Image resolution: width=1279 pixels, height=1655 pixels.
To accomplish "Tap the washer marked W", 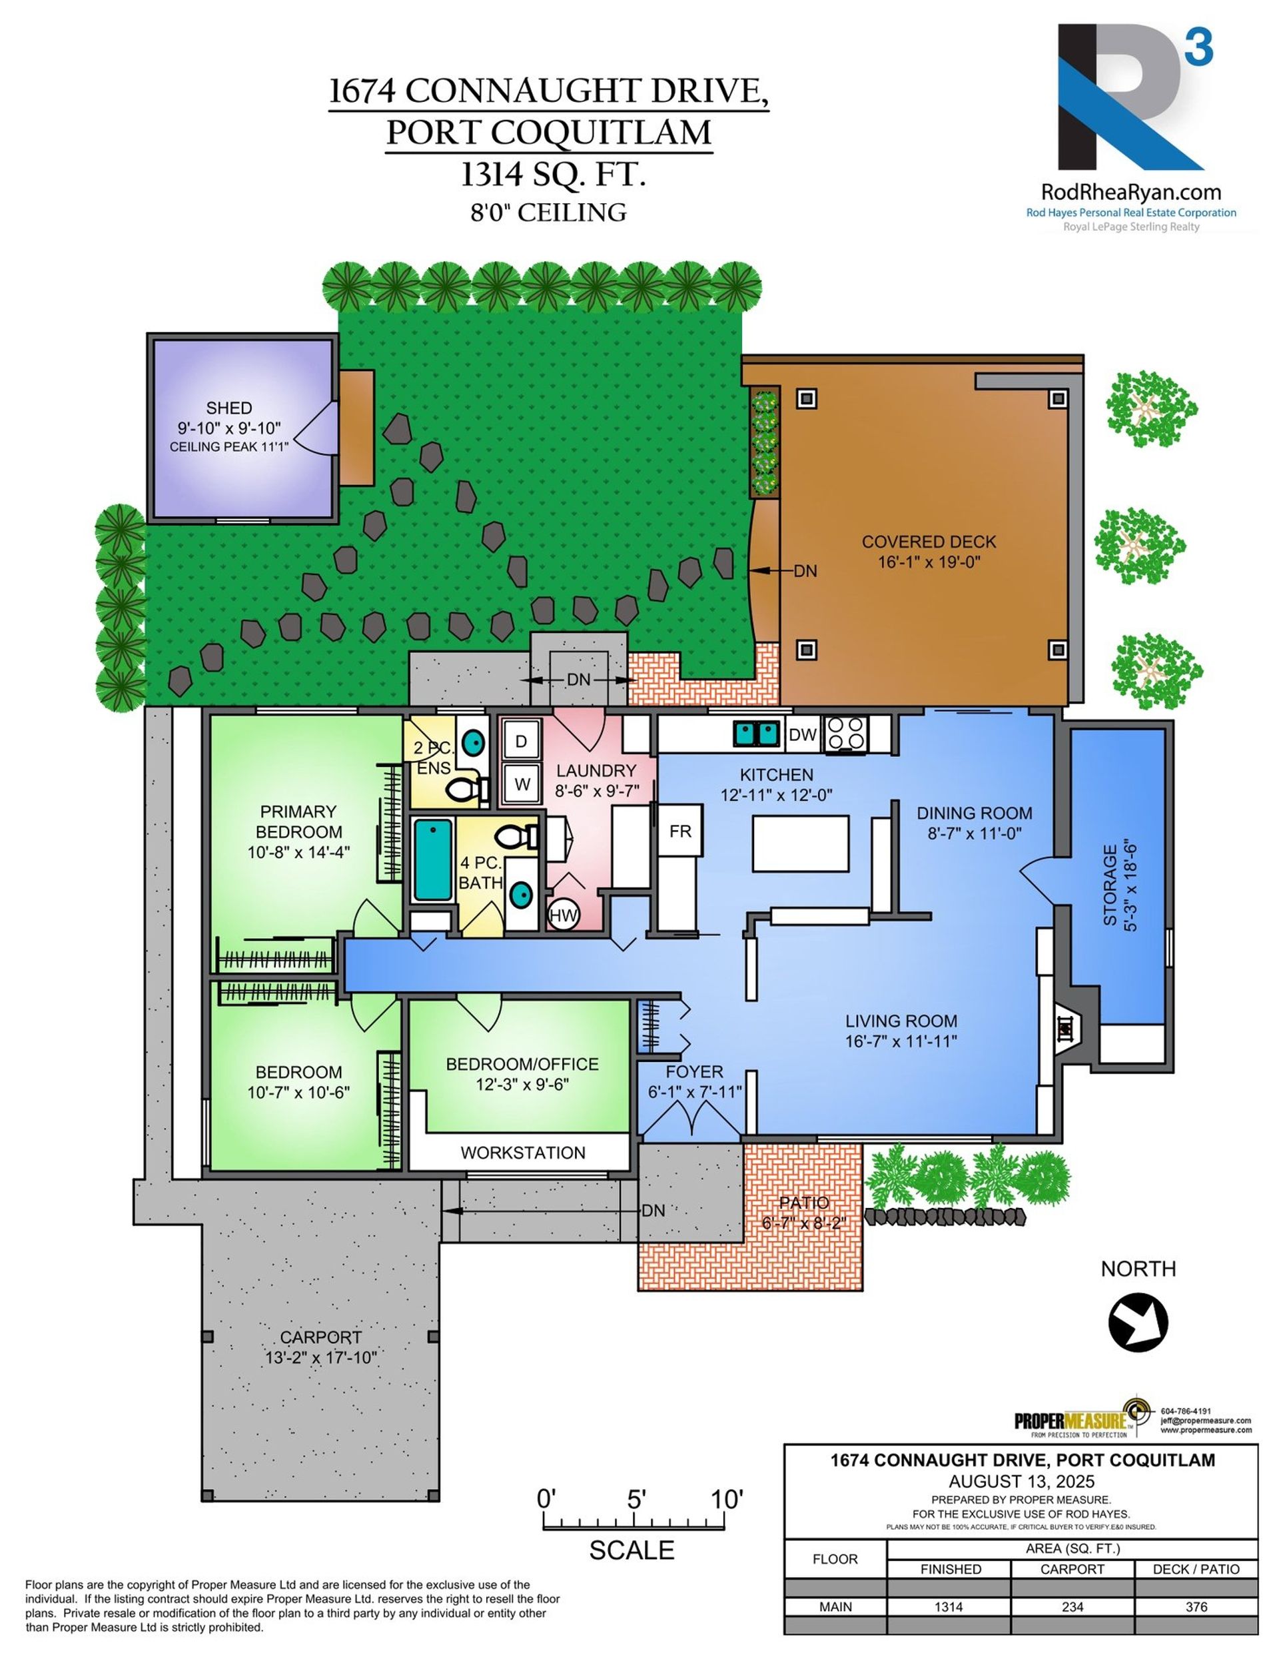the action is [522, 784].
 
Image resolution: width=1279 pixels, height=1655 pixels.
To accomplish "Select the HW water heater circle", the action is [563, 915].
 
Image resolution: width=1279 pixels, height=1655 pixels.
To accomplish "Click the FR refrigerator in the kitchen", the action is [679, 831].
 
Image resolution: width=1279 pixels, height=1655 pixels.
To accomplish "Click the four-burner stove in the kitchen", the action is [845, 734].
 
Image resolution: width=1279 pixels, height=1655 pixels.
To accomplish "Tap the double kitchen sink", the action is [756, 733].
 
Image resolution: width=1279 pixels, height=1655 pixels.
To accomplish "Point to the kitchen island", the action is [800, 843].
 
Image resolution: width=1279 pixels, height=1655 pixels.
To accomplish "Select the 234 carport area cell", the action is [1072, 1606].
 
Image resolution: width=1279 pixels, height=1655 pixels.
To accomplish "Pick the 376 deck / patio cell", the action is [1196, 1606].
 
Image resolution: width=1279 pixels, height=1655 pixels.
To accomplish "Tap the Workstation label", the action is [523, 1153].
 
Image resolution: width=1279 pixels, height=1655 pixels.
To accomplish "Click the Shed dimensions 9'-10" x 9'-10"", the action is [229, 428].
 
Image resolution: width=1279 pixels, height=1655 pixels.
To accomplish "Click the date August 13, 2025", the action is [1021, 1482].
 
